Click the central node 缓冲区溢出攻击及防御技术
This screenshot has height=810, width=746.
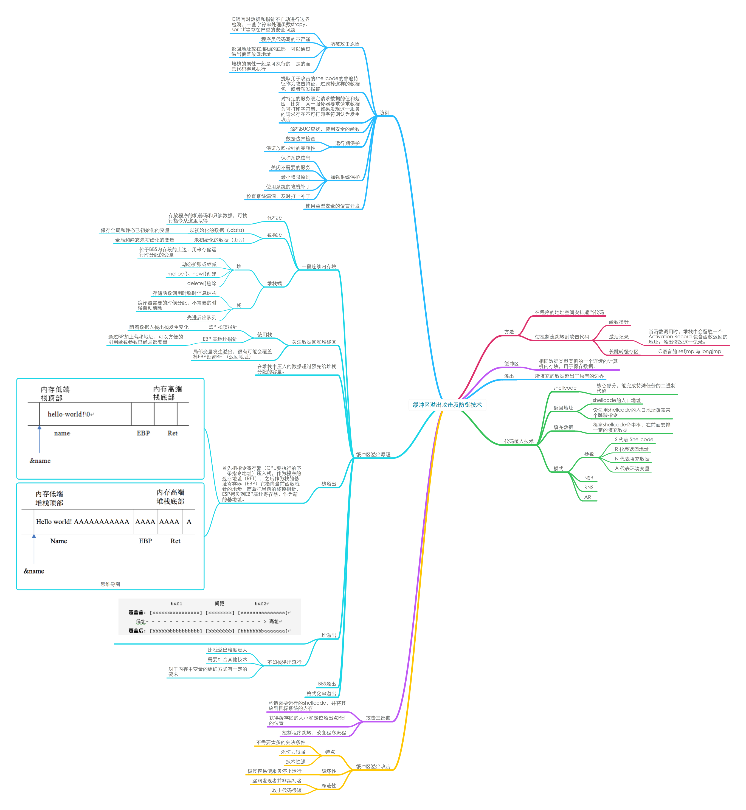(447, 405)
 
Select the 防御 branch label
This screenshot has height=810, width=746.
(384, 113)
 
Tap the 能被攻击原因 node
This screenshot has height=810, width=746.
(345, 44)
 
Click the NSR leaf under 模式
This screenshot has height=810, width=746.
(589, 478)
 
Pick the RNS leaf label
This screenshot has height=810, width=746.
(589, 487)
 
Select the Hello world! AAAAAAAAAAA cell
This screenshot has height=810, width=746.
(82, 522)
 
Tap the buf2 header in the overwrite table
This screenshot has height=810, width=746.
(260, 604)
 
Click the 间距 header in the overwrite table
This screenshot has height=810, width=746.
(219, 604)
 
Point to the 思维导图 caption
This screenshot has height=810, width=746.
(110, 584)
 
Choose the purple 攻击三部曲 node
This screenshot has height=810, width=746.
(378, 718)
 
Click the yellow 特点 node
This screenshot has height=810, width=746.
(330, 752)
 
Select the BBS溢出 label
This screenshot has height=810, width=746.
(326, 684)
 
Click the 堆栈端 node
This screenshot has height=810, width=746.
(274, 283)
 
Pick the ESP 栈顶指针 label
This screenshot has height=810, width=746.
(223, 327)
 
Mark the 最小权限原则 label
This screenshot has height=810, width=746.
(295, 177)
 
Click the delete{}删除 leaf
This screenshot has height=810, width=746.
(202, 283)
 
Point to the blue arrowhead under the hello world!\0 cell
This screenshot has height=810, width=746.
(39, 427)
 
